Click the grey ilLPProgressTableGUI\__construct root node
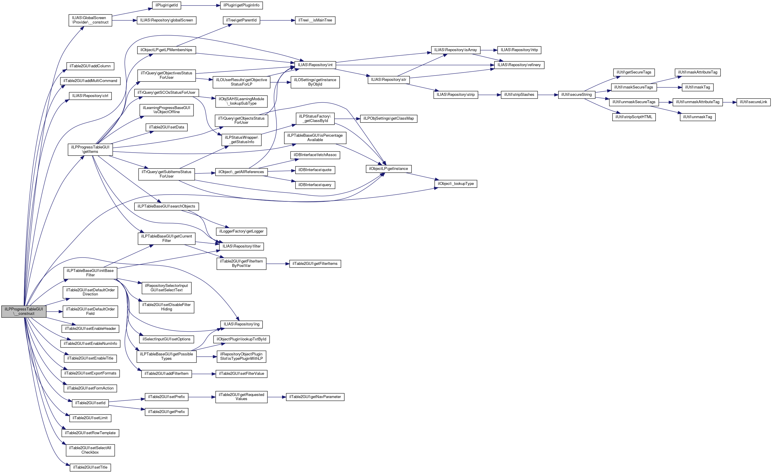[24, 311]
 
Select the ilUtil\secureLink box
[753, 102]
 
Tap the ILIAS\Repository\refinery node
[519, 65]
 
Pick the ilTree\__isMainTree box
[315, 20]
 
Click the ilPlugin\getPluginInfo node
[241, 5]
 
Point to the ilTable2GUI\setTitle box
[90, 467]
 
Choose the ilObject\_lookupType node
[456, 183]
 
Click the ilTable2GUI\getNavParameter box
[315, 397]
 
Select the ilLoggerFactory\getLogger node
[241, 231]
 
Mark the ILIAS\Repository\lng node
[241, 324]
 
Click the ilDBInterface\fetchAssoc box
[315, 155]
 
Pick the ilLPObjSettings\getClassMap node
[388, 118]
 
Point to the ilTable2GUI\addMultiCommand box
[90, 81]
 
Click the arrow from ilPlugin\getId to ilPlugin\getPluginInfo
[201, 5]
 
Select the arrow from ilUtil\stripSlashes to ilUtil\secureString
[548, 95]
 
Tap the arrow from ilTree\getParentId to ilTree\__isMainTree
[277, 20]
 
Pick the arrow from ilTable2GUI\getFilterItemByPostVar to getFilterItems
[278, 264]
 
